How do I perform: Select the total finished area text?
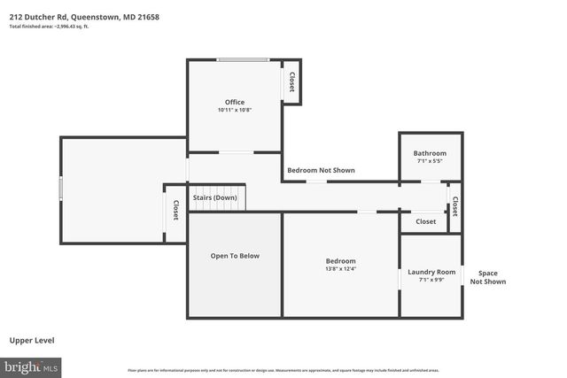pos(49,27)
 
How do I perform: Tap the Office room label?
pos(234,102)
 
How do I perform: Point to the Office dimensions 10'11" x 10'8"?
pos(234,110)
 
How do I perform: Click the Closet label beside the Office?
pos(291,81)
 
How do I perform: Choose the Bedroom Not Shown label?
pos(320,169)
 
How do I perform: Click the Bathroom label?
pos(430,153)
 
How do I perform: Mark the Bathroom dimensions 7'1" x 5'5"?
pos(430,161)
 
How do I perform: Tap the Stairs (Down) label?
pos(214,197)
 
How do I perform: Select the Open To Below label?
pos(234,256)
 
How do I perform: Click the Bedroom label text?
pos(340,260)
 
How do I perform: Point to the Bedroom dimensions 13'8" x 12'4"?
pos(340,269)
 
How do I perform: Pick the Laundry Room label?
pos(431,272)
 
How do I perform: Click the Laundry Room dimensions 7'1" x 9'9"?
pos(431,280)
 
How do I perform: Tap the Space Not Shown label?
pos(488,277)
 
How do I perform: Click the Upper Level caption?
pos(34,340)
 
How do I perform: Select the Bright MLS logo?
pos(31,366)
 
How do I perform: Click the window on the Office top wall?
pos(245,60)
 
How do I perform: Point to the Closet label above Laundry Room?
pos(426,221)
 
